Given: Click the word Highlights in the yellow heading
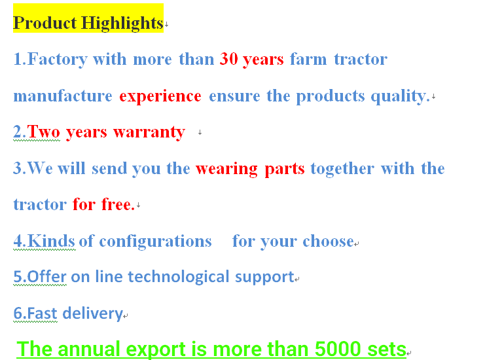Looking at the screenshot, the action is click(x=122, y=24).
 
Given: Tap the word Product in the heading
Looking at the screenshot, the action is click(x=45, y=23).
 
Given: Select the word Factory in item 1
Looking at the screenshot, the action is click(x=58, y=60).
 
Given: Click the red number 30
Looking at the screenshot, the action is click(x=229, y=58).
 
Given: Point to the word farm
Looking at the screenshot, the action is click(x=308, y=58).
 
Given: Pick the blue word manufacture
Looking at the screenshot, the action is click(x=63, y=96).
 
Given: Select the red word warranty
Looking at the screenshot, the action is click(x=149, y=133).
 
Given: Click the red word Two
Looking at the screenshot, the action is click(x=44, y=132).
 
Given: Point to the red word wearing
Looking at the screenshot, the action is click(x=226, y=170).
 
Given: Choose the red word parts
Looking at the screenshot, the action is click(x=285, y=170).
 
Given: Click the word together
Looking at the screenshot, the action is click(x=342, y=169).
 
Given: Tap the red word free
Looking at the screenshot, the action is click(x=118, y=204).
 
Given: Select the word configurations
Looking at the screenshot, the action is click(x=155, y=242).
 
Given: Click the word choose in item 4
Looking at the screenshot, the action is click(x=328, y=241).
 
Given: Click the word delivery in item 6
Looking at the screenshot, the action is click(x=93, y=314).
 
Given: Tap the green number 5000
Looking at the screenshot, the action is click(x=338, y=349).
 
